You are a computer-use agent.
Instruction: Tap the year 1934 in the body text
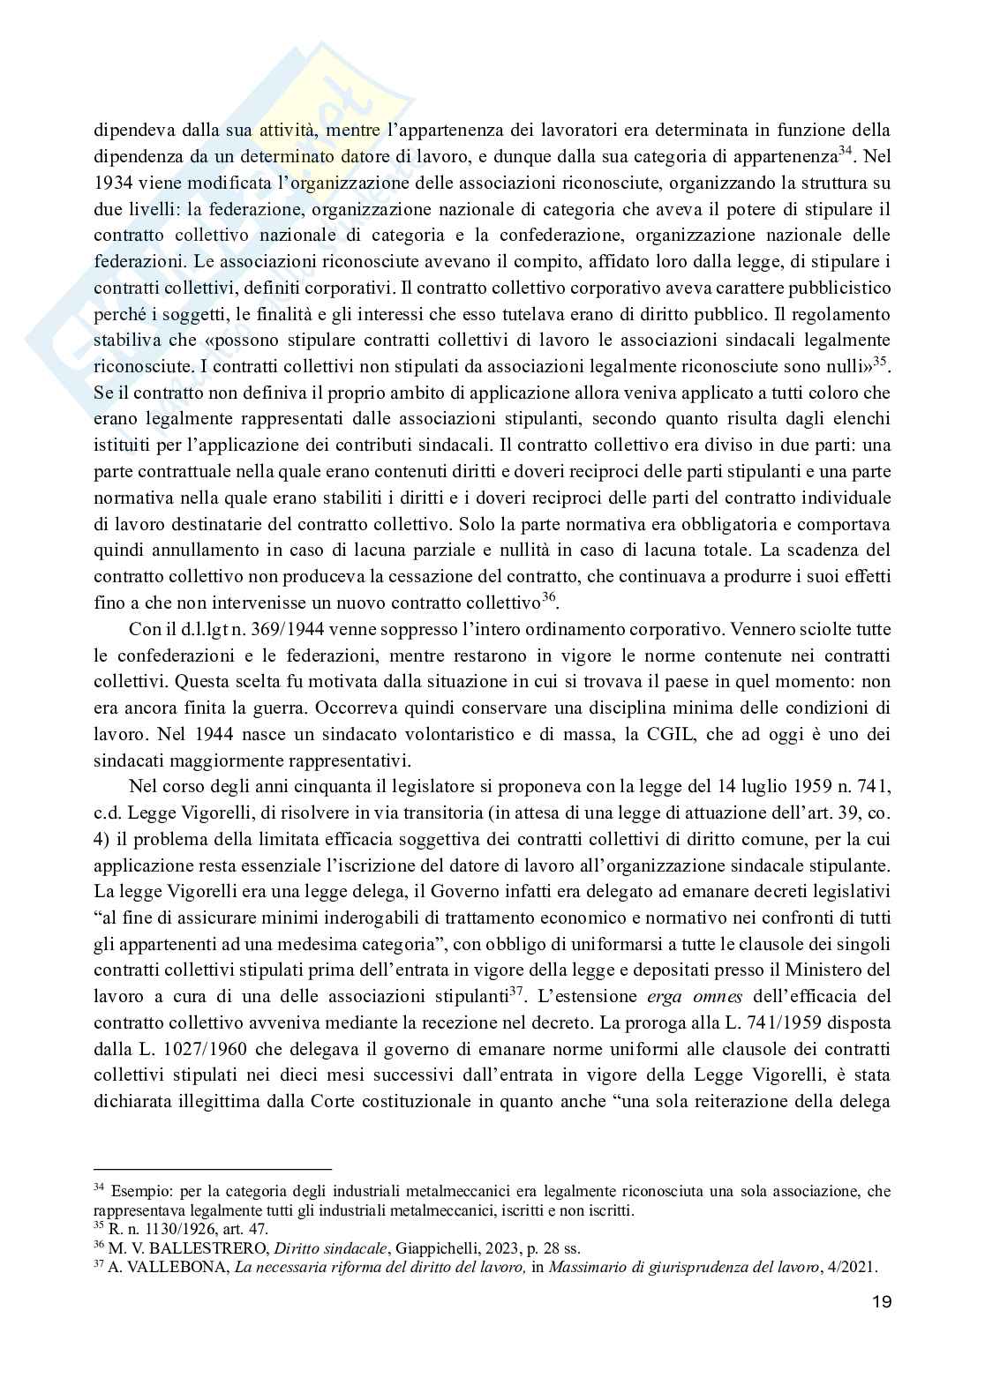pos(112,185)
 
